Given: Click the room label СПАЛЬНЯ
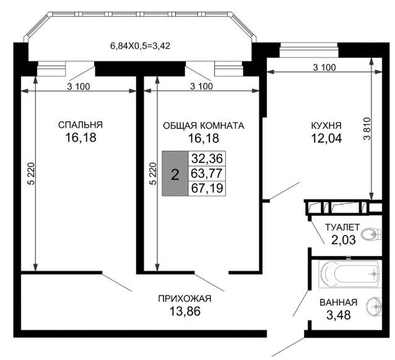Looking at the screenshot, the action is coord(80,125).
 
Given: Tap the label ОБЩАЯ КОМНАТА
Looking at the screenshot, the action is coord(204,126).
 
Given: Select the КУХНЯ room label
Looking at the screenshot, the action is coord(326,125).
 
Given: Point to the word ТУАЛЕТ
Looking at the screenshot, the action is coord(342,227).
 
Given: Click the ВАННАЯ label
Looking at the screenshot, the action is coord(338,302).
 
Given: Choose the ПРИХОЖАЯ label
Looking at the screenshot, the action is coord(184,299).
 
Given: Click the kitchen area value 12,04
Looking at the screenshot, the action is coord(326,138).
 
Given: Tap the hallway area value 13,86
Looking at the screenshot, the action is coord(185,311).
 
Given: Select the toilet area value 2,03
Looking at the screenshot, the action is coord(343,240).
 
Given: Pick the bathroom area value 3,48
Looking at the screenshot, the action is coord(338,315).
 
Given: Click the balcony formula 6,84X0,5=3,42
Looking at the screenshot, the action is coord(140,46).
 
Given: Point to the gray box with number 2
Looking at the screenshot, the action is coord(175,173).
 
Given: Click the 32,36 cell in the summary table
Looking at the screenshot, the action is coord(207,159).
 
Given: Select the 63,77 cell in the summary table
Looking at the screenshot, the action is coord(207,173).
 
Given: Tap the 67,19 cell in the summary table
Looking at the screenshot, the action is coord(207,188).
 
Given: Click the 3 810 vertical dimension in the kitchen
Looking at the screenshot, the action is coord(367,129).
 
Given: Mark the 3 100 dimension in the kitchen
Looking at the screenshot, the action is coord(324,68).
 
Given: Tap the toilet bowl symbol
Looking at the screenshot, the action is coord(371,234).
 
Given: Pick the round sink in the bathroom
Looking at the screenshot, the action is coord(375,306).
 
